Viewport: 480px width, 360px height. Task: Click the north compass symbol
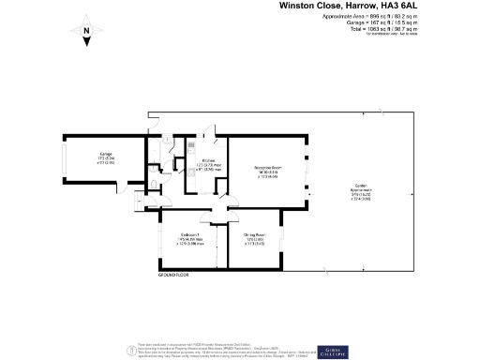tap(85, 35)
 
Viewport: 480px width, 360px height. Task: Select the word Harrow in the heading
tap(353, 6)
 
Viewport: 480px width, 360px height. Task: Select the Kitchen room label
tap(208, 160)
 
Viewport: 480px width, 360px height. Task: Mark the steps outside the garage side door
tap(140, 201)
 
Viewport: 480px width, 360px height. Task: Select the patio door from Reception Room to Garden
tap(307, 174)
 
